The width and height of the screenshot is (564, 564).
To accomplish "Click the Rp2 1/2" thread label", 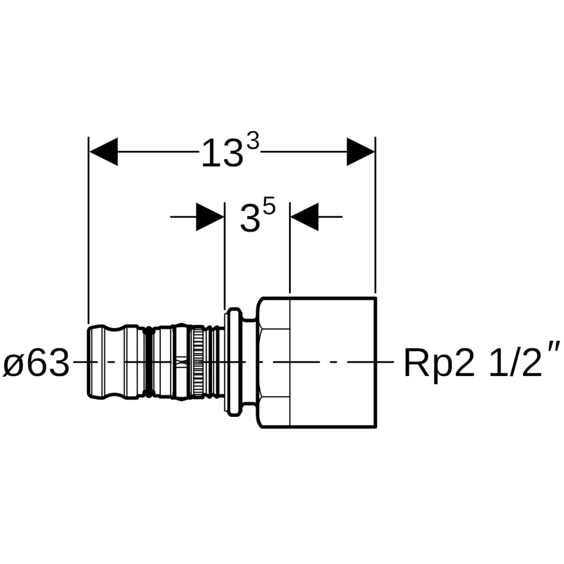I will pyautogui.click(x=481, y=362).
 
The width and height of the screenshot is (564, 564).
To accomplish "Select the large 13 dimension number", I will pyautogui.click(x=221, y=154).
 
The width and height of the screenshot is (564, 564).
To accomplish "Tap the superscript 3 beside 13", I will pyautogui.click(x=253, y=143).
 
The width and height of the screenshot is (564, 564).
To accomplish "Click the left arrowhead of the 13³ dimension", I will pyautogui.click(x=103, y=152).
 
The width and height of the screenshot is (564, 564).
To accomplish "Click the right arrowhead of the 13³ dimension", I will pyautogui.click(x=361, y=152).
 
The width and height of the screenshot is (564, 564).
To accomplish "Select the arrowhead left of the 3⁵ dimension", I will pyautogui.click(x=210, y=216).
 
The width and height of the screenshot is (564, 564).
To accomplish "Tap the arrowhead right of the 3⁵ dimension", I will pyautogui.click(x=304, y=216).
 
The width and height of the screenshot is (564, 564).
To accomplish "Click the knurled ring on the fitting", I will pyautogui.click(x=198, y=361).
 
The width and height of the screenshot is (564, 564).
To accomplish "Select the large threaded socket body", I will pyautogui.click(x=333, y=361).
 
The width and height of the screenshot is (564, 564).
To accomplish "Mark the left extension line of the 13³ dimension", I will pyautogui.click(x=89, y=230).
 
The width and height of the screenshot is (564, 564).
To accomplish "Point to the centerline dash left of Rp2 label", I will pyautogui.click(x=385, y=361).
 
